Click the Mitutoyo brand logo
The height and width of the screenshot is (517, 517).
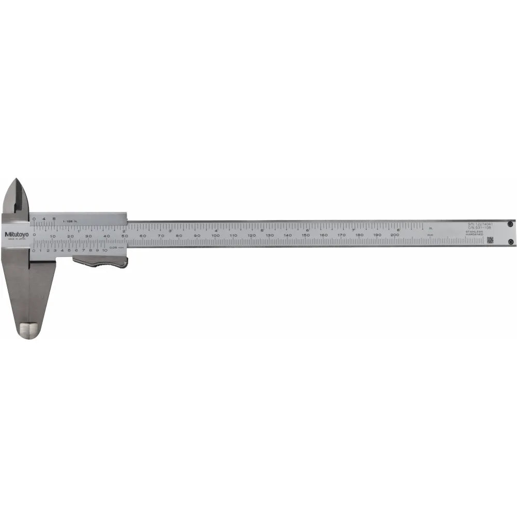17,234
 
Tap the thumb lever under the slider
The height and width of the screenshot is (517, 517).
100,262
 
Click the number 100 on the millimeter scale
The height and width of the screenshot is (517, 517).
215,235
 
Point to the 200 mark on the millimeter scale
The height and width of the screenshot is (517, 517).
395,235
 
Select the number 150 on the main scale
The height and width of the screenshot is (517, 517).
305,235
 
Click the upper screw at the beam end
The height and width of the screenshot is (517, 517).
510,224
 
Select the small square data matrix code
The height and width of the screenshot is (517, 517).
490,240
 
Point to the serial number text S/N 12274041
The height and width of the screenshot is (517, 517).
480,224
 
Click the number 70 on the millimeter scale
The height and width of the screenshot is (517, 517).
161,235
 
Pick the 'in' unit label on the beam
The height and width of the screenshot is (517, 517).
430,228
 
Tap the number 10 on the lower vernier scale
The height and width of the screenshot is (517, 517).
104,250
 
